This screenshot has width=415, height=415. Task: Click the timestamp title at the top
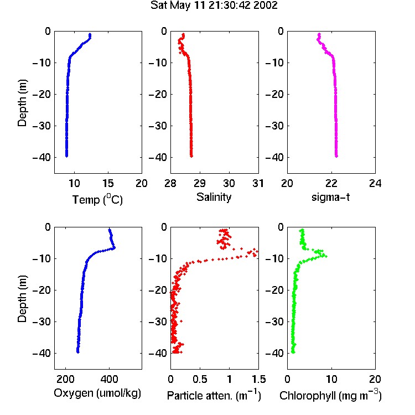[214, 6]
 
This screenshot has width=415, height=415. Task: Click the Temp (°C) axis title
[97, 199]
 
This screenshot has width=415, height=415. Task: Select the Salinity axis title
[214, 197]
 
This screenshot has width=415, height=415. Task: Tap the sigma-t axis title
[330, 197]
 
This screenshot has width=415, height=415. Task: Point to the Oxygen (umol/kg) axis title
[97, 393]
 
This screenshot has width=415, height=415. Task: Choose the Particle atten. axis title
[214, 395]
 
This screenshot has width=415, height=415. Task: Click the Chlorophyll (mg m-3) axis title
[330, 395]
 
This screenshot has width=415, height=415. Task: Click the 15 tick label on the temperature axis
[108, 183]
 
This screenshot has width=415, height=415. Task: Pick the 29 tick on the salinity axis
[200, 183]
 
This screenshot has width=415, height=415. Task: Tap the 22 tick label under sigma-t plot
[331, 183]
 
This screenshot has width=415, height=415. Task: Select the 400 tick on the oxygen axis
[109, 379]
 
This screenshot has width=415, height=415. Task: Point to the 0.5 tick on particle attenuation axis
[200, 379]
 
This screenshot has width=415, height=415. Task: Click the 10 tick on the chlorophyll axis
[331, 379]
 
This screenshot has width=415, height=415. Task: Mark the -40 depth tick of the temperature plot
[41, 158]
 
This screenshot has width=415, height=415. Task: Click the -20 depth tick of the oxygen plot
[41, 290]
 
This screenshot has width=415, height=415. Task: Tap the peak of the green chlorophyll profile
[326, 256]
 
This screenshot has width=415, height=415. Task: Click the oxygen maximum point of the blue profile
[114, 248]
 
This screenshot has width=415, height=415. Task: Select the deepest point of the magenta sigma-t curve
[336, 156]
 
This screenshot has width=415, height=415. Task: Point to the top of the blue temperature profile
[90, 34]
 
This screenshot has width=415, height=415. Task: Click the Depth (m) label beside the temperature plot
[22, 103]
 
